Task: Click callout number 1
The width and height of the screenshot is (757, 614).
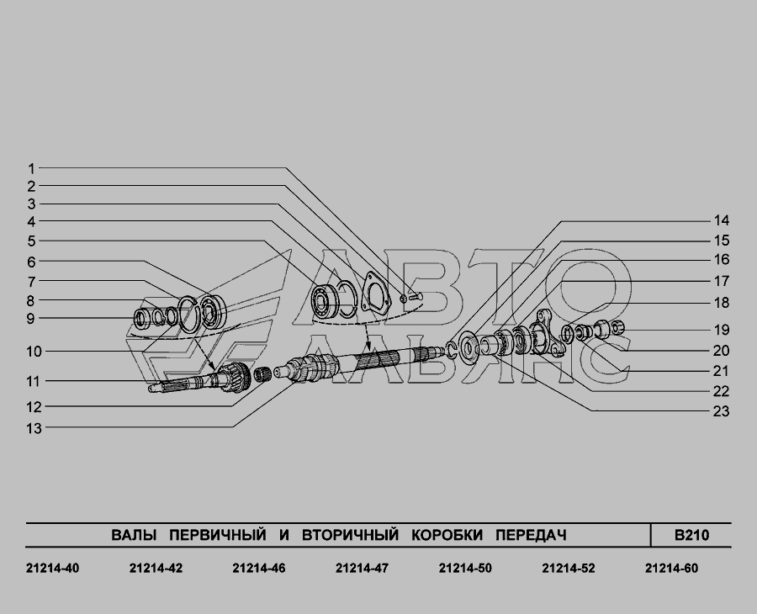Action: coord(31,169)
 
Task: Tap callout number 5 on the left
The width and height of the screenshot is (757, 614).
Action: coord(31,241)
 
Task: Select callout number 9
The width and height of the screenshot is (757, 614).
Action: coord(30,319)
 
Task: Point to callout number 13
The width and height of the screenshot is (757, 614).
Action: coord(34,428)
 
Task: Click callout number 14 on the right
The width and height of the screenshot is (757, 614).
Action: coord(722,220)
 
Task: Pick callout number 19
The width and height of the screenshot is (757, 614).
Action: coord(722,331)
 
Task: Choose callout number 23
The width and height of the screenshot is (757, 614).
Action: coord(722,411)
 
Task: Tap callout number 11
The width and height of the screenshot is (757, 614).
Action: coord(33,381)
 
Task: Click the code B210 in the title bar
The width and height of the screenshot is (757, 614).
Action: coord(691,535)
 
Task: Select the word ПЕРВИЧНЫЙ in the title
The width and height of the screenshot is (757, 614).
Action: coord(218,535)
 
